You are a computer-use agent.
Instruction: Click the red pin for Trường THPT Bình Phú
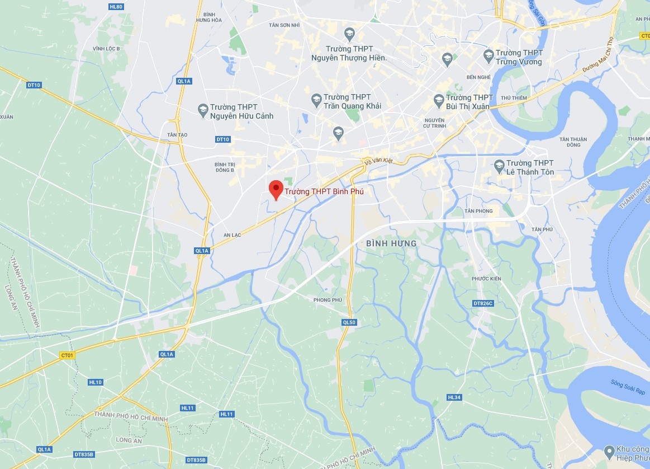[275, 189]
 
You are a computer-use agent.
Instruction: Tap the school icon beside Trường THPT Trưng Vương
[488, 55]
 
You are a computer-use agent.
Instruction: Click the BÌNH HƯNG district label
[391, 243]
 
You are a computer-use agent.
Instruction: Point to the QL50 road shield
[349, 322]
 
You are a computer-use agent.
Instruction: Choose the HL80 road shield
[116, 7]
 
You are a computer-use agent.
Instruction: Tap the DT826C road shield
[483, 303]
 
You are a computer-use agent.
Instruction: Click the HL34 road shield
[454, 397]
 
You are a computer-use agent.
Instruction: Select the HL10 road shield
[95, 382]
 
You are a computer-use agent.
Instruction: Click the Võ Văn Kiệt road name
[379, 161]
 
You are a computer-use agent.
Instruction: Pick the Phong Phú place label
[328, 300]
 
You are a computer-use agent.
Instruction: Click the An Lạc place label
[232, 235]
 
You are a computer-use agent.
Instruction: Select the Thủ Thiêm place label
[514, 98]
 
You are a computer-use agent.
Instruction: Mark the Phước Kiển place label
[486, 279]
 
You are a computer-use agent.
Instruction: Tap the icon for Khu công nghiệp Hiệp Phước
[609, 451]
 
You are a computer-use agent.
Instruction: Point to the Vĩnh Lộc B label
[106, 49]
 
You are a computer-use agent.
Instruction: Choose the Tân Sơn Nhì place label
[284, 25]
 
